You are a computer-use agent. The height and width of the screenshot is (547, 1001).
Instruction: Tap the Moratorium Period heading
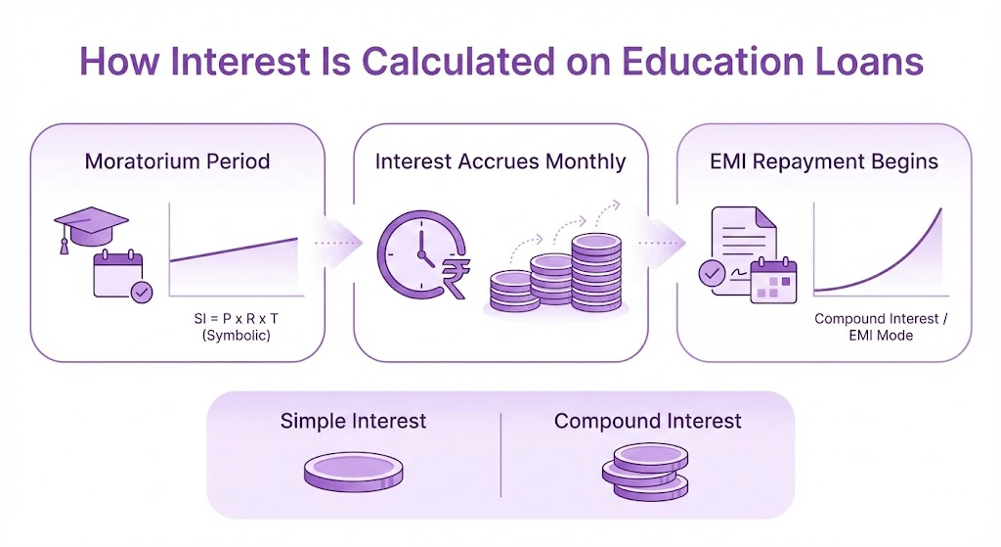[178, 161]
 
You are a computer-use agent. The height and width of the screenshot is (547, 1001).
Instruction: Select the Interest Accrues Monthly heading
[500, 161]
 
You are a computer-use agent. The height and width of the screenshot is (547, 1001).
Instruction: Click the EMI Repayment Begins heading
[824, 161]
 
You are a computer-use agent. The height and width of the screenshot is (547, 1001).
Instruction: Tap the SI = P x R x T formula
[237, 318]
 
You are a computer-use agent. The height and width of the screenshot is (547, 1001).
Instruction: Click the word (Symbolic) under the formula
[237, 336]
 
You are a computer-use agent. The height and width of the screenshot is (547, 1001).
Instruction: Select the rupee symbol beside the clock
[456, 277]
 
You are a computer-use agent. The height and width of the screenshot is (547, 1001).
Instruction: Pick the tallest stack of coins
[596, 272]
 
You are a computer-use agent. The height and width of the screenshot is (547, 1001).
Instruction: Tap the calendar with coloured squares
[774, 281]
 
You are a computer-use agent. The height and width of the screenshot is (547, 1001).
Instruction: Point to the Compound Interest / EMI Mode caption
[881, 327]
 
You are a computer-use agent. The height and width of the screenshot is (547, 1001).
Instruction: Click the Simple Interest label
[353, 421]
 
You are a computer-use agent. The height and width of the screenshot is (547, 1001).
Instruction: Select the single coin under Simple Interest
[353, 472]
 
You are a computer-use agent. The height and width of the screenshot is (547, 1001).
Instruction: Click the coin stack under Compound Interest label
[645, 472]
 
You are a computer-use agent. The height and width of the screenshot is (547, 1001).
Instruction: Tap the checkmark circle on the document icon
[712, 274]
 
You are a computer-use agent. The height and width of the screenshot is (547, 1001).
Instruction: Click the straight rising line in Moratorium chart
[234, 250]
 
